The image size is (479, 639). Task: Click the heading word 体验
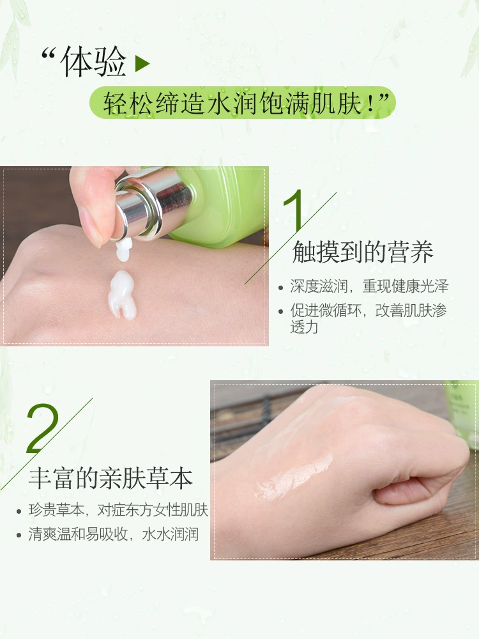point(93,61)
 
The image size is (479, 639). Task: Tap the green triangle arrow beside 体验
point(142,63)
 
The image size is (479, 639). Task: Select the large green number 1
point(293,210)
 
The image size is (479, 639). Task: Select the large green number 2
point(42,428)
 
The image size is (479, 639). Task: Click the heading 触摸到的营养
point(363,252)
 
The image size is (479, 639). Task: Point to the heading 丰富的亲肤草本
point(110,478)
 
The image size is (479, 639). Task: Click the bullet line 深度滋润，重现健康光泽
point(369,286)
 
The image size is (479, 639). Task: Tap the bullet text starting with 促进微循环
point(369,318)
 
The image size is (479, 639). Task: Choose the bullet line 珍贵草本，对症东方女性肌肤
point(118,510)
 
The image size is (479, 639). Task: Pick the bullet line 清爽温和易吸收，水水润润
point(114,534)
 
